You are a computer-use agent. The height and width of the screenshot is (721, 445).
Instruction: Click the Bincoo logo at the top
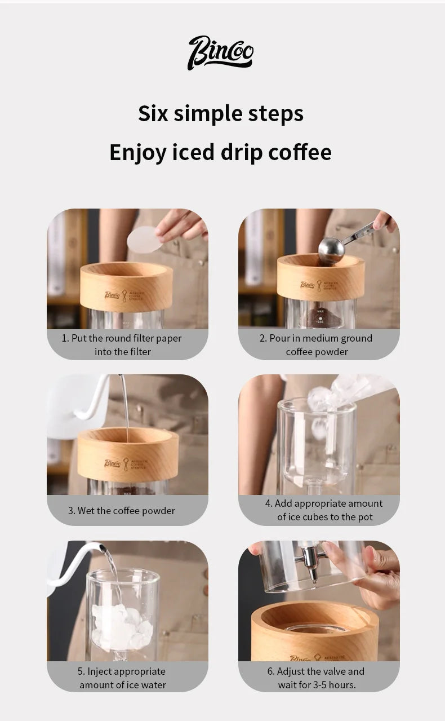coord(221,53)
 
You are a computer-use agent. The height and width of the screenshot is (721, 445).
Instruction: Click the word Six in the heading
coord(153,114)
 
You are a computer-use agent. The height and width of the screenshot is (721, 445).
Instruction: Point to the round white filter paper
coord(145,239)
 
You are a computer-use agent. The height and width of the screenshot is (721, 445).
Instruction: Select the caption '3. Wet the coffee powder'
coord(122,511)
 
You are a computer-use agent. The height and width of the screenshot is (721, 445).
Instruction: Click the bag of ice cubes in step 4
coord(347,395)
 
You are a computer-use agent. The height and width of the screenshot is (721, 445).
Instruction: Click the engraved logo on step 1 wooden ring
coord(124,296)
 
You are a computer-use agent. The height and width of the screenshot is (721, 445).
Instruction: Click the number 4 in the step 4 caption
coord(268,503)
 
